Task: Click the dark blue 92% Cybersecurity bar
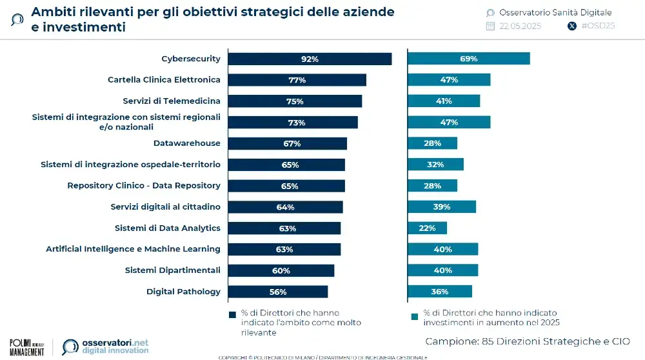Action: tap(310, 59)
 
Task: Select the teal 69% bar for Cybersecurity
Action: tap(468, 59)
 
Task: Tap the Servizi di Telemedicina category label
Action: tap(172, 101)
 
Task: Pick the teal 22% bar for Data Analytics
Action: tap(427, 228)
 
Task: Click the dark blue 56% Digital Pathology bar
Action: tap(279, 292)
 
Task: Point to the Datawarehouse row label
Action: tap(186, 143)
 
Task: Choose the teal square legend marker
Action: tap(414, 315)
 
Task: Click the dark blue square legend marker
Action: tap(233, 315)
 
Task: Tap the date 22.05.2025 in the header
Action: tap(520, 26)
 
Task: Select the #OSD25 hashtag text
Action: tap(598, 26)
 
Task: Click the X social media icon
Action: tap(571, 26)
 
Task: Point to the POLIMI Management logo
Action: tap(27, 346)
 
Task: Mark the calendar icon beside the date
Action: tap(490, 26)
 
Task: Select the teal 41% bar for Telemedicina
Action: tap(444, 101)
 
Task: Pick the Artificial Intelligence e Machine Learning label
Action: tap(133, 249)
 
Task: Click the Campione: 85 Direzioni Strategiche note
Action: tap(527, 340)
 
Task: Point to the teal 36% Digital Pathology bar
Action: tap(439, 292)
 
